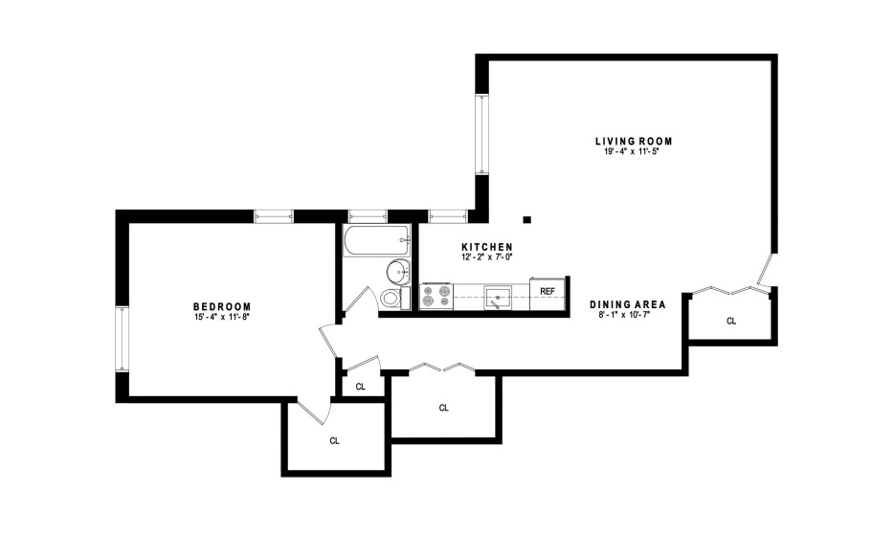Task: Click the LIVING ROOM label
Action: point(634,142)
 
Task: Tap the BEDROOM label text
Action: point(222,307)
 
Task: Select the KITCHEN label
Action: point(487,247)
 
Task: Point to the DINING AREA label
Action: point(627,304)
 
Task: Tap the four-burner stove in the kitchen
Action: point(436,297)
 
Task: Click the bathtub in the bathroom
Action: point(377,240)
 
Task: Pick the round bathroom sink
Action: point(398,272)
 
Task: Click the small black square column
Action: point(527,219)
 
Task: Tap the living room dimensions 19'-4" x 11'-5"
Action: point(634,152)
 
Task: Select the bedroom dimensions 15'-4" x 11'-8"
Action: point(222,317)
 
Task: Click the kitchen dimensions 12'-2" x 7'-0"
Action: point(487,257)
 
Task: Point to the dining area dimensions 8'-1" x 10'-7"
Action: point(627,315)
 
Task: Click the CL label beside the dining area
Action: point(731,321)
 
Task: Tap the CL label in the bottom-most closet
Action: point(335,441)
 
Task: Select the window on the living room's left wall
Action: point(482,135)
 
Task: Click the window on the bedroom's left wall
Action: point(123,339)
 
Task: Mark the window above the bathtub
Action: point(369,216)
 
